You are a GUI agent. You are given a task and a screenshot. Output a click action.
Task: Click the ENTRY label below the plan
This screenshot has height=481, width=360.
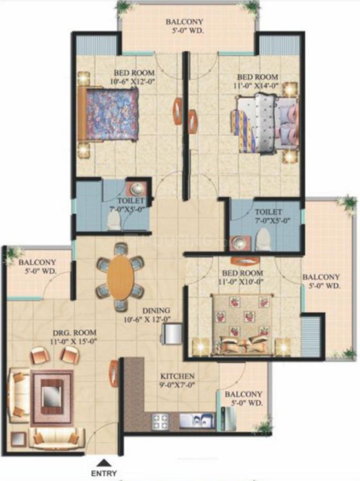pos(104,473)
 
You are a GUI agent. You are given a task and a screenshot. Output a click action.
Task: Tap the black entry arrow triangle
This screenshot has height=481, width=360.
pos(104,463)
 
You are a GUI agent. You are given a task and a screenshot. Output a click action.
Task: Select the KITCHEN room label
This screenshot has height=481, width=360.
pos(178,376)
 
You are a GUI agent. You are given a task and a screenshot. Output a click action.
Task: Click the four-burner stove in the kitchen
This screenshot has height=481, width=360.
pos(160,421)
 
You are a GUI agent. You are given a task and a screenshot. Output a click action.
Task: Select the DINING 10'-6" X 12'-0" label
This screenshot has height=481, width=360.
pos(147,315)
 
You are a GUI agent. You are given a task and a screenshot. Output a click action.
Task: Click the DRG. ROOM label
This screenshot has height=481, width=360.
pos(75,333)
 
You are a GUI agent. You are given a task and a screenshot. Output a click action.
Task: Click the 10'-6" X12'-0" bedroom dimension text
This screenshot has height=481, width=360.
pos(132,81)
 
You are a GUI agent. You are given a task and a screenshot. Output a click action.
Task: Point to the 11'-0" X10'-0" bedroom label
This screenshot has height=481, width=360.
pos(242,277)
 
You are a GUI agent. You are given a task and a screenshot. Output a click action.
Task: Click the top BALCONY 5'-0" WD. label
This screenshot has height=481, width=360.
pos(185,26)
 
